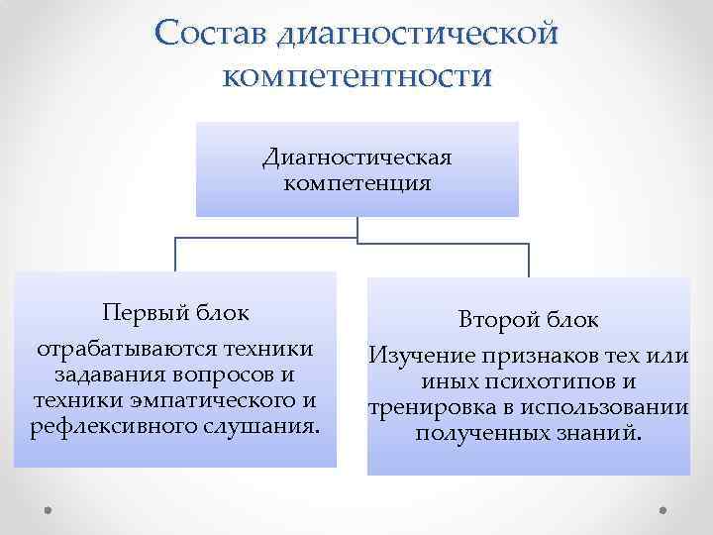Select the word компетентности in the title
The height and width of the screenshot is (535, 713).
(x=356, y=75)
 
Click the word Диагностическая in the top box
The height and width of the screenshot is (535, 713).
(x=356, y=159)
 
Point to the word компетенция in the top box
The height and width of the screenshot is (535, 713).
(x=356, y=183)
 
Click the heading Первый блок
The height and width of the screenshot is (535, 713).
(x=175, y=312)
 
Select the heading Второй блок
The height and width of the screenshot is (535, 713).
(x=528, y=320)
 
